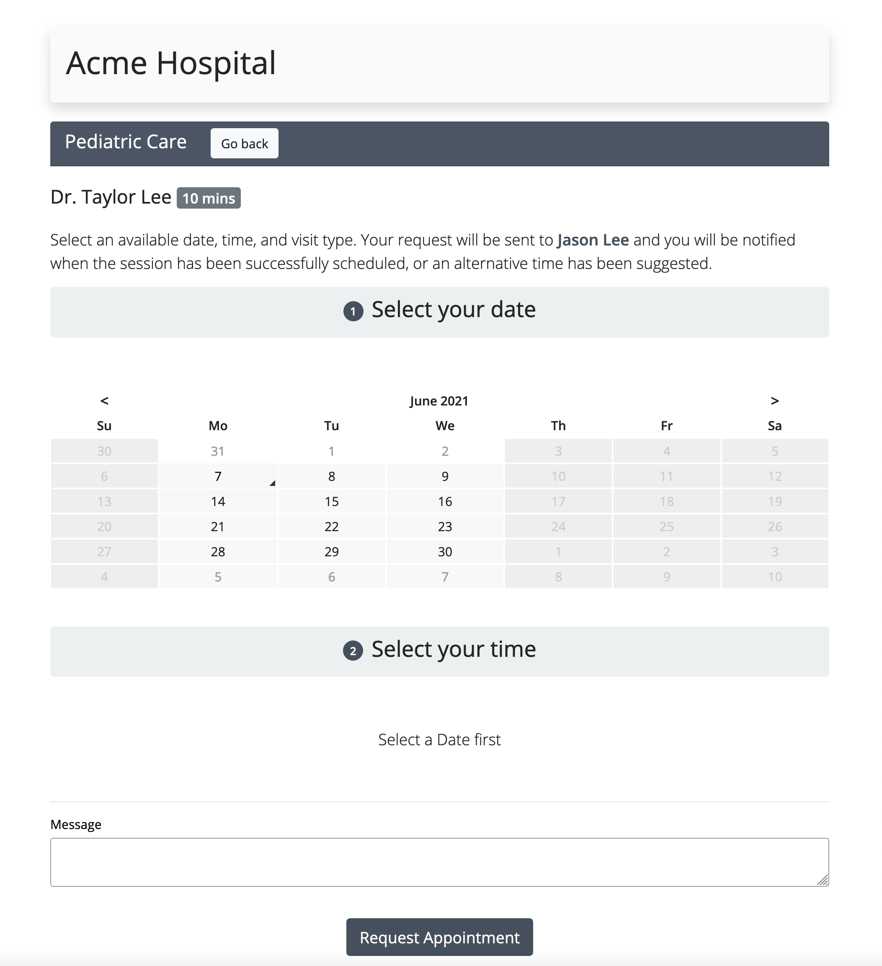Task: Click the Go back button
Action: click(244, 143)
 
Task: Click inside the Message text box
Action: click(439, 862)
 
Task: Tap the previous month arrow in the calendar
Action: click(104, 400)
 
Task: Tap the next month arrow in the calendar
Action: click(775, 400)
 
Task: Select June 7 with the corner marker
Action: click(218, 476)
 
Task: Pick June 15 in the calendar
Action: click(332, 501)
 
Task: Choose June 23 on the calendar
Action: click(445, 527)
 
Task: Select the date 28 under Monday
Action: click(218, 552)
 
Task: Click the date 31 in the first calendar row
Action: click(218, 451)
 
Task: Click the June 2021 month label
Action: click(439, 401)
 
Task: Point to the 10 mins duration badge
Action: click(209, 198)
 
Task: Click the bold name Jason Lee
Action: click(593, 240)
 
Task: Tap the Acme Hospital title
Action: click(171, 63)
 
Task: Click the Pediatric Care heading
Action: click(126, 142)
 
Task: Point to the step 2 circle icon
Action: click(353, 651)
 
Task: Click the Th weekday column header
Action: click(558, 426)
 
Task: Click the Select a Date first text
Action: click(439, 739)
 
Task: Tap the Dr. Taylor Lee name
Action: click(111, 197)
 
